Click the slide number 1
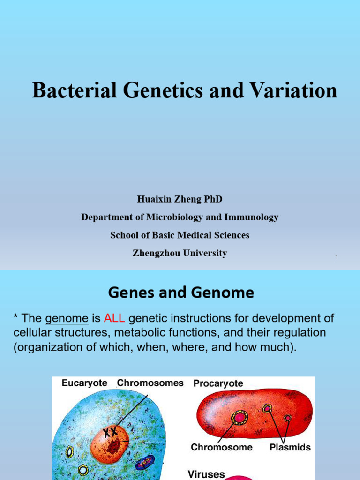[x=337, y=257]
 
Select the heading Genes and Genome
[x=181, y=293]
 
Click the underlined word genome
[x=67, y=319]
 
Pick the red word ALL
[x=114, y=319]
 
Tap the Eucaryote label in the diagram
[x=84, y=383]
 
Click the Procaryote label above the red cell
[x=218, y=383]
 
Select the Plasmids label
[x=290, y=447]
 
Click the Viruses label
[x=206, y=474]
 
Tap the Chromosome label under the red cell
[x=221, y=447]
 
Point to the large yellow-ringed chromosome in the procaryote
[x=240, y=417]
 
